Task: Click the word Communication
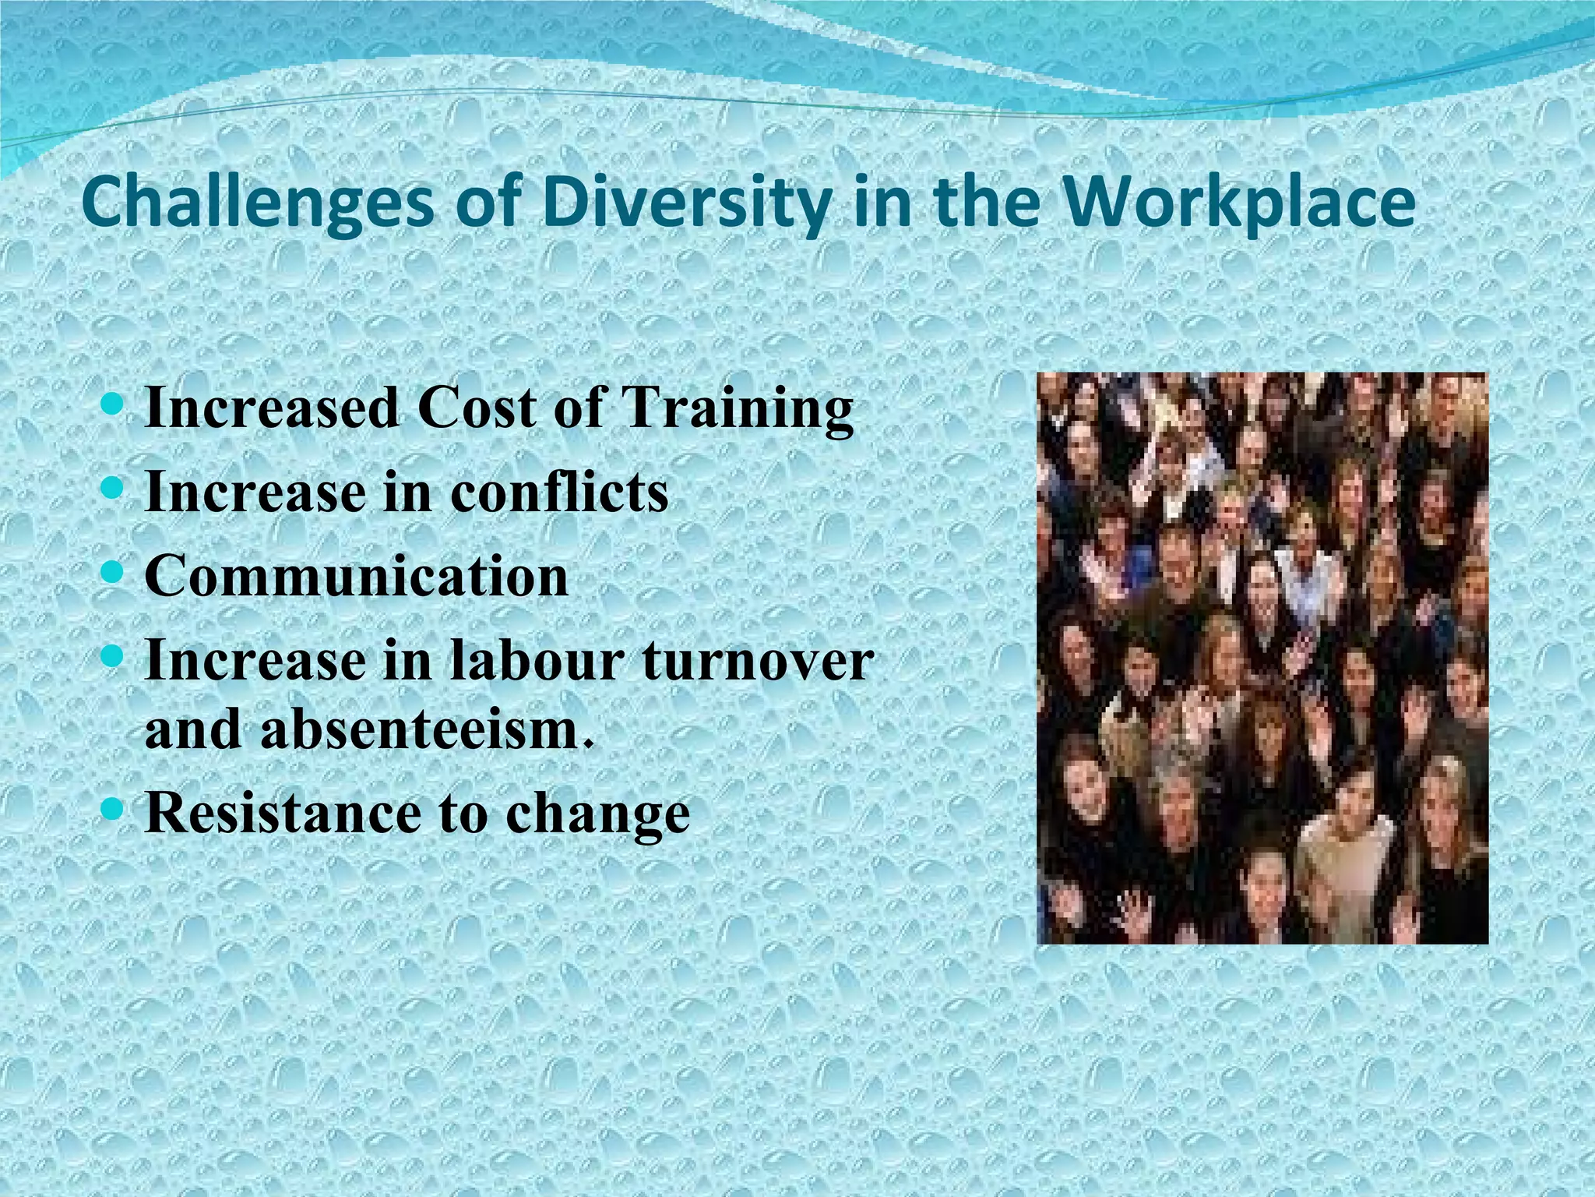pos(357,577)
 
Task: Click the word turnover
pos(757,661)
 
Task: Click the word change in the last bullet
pos(597,815)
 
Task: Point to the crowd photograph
pos(1262,659)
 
